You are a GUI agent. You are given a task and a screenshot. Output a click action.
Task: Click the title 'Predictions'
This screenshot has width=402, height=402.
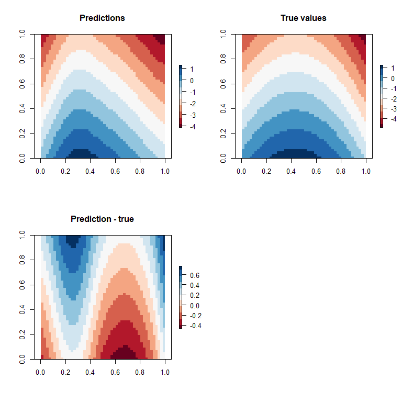tap(102, 18)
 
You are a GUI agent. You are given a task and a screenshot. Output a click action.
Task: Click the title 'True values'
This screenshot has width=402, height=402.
tap(303, 18)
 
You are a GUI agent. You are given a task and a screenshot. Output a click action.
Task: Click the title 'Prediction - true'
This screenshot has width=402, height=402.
tap(102, 219)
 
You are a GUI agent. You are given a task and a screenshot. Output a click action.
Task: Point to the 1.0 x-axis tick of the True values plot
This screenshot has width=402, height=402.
tap(366, 171)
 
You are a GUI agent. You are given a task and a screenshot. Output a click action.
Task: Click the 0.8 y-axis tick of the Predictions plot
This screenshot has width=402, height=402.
tap(23, 58)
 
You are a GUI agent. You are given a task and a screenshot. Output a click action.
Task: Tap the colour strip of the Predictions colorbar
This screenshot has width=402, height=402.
tap(181, 97)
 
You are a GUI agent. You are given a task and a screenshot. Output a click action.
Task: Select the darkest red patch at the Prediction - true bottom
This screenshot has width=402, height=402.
tap(125, 354)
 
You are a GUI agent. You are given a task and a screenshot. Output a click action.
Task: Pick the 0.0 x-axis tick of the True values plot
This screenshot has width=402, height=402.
tap(241, 171)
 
